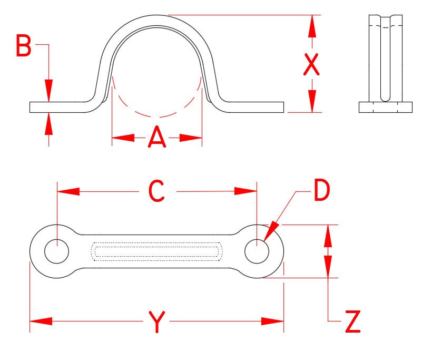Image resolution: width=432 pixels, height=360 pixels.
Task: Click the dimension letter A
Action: click(157, 138)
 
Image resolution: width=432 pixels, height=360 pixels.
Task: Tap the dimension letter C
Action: click(157, 191)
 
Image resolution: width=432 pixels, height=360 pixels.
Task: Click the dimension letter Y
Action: click(156, 322)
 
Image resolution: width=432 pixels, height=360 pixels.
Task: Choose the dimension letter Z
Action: click(353, 322)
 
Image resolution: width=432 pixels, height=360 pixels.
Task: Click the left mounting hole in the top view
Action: click(56, 251)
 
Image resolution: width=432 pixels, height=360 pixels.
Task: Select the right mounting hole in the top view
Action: click(257, 251)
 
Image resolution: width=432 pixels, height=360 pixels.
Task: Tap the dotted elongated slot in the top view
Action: click(156, 251)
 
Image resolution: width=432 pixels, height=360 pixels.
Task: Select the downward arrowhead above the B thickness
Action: click(49, 90)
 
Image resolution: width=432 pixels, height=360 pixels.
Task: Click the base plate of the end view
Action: click(385, 108)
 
